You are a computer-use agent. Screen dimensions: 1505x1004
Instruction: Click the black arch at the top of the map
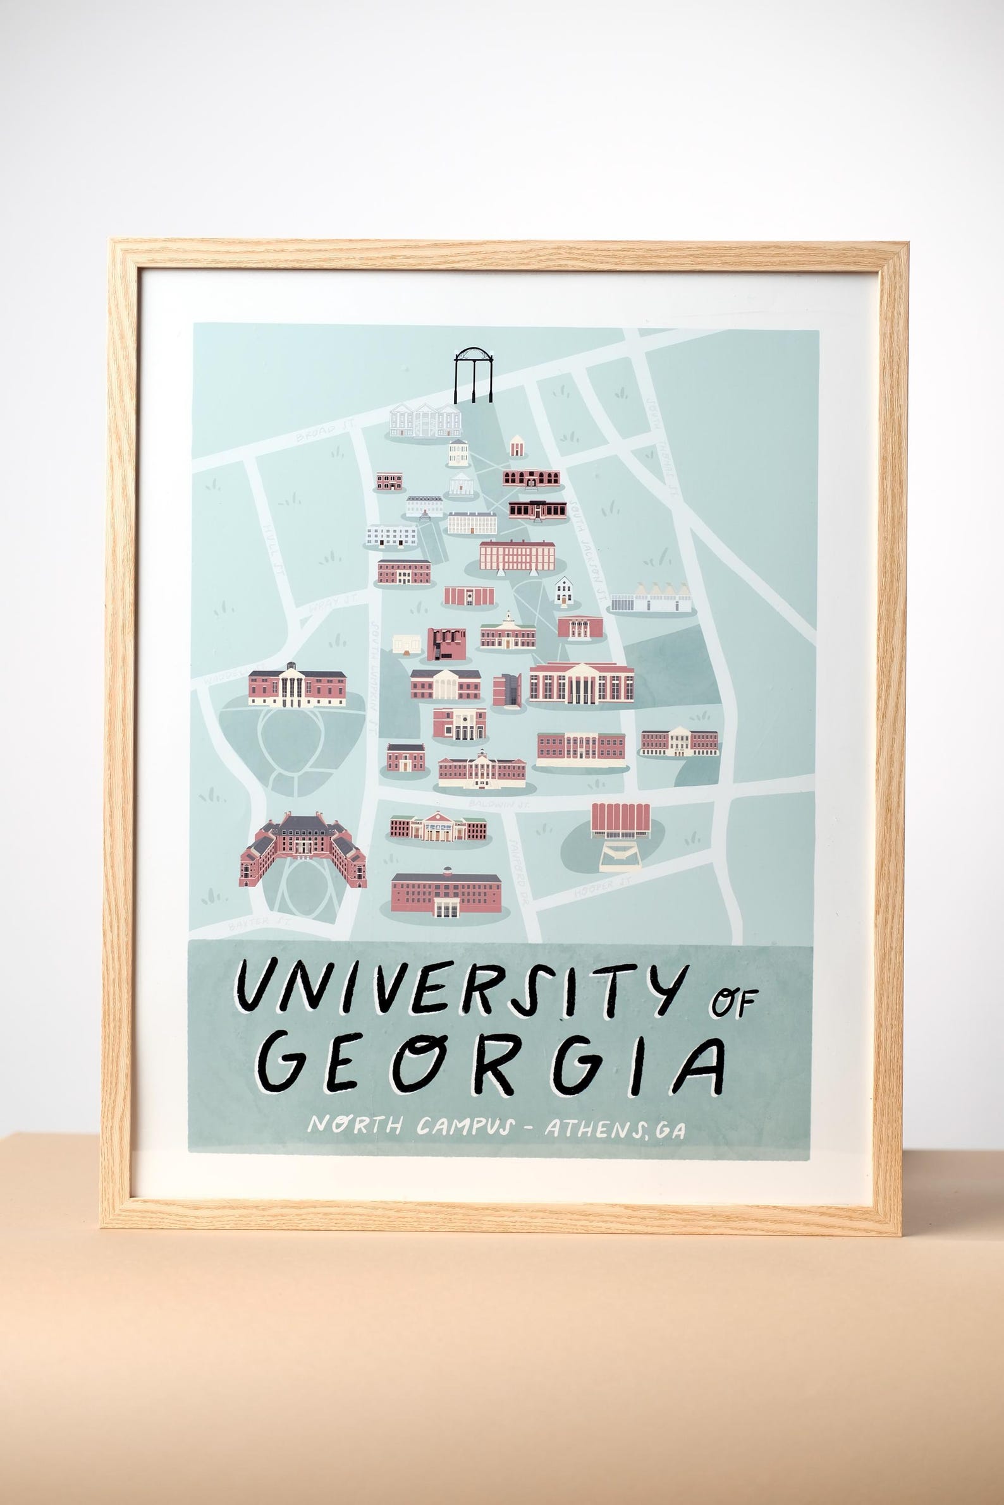[474, 374]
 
